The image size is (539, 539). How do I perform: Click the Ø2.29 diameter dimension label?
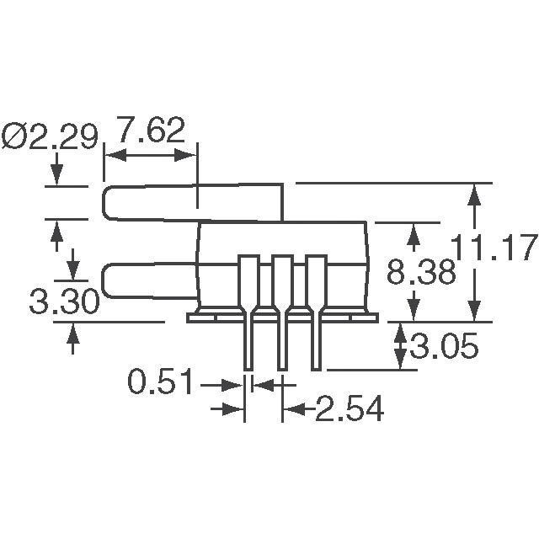tap(51, 136)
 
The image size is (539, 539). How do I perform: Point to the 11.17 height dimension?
tap(494, 249)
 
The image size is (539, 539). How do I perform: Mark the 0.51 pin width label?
tap(161, 384)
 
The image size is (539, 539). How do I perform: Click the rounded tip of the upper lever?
tap(108, 202)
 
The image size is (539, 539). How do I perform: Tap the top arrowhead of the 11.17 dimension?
tap(475, 194)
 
